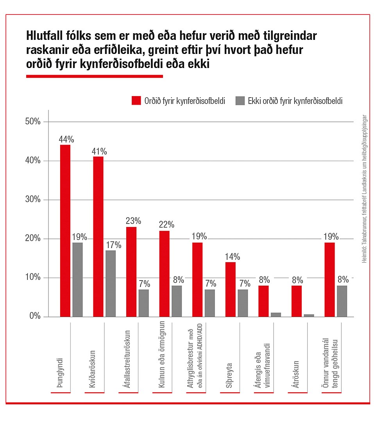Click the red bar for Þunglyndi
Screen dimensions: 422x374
pyautogui.click(x=65, y=231)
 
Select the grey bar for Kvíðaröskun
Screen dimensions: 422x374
pyautogui.click(x=111, y=283)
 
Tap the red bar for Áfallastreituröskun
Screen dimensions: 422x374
pyautogui.click(x=131, y=272)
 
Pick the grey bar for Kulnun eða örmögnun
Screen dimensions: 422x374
pyautogui.click(x=177, y=301)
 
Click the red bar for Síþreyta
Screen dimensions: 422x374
pyautogui.click(x=231, y=289)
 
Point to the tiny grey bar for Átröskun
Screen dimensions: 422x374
pyautogui.click(x=309, y=315)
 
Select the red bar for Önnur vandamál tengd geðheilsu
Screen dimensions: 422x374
pyautogui.click(x=329, y=279)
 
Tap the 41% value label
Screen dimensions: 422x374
pyautogui.click(x=99, y=152)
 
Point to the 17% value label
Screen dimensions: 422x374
pyautogui.click(x=113, y=245)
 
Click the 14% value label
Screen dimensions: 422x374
pyautogui.click(x=232, y=257)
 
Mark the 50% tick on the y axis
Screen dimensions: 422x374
pyautogui.click(x=33, y=122)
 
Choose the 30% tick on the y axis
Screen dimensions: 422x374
pyautogui.click(x=33, y=200)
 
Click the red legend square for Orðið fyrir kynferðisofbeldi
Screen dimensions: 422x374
pyautogui.click(x=136, y=100)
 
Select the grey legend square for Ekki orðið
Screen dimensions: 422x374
pyautogui.click(x=240, y=100)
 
